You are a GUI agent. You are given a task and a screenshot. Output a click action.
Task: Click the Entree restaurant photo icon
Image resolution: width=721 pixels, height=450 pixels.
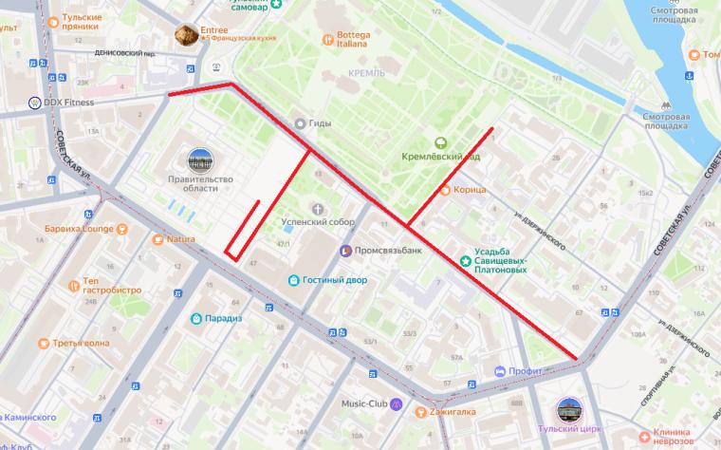tap(186, 36)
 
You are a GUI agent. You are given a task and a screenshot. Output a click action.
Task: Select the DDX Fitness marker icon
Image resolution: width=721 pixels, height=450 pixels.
tap(35, 103)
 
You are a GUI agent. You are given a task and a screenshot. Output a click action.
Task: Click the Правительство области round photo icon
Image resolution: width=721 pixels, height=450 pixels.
tap(200, 160)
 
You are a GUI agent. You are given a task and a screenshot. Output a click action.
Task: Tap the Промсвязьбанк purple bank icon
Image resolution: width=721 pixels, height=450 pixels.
tap(347, 251)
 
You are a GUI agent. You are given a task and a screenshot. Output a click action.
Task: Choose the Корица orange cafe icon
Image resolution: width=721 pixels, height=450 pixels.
tap(445, 190)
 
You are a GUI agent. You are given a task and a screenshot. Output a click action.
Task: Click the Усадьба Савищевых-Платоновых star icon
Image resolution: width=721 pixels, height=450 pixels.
tap(465, 254)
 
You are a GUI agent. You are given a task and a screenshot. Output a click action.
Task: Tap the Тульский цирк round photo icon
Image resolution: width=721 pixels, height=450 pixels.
tap(570, 410)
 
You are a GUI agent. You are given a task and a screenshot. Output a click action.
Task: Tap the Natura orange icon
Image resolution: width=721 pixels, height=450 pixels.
tap(158, 239)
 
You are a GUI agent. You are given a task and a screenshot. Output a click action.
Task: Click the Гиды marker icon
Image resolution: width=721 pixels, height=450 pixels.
tap(300, 122)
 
